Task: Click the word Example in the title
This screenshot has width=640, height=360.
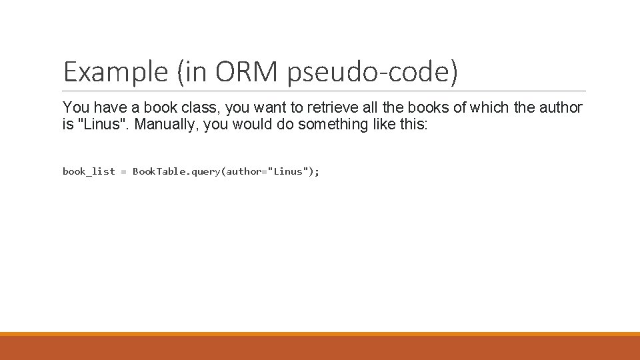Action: click(115, 72)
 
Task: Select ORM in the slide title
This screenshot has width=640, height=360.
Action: click(246, 71)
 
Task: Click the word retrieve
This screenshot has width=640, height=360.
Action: click(332, 107)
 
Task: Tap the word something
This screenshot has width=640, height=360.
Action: click(333, 124)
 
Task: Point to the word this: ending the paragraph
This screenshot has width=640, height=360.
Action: click(414, 124)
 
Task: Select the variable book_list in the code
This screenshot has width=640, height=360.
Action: click(89, 171)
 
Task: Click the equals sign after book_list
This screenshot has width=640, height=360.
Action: click(124, 172)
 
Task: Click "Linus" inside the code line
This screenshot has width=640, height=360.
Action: click(288, 171)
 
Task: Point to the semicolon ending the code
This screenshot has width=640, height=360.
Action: click(317, 172)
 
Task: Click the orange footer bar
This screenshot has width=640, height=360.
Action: click(320, 346)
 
